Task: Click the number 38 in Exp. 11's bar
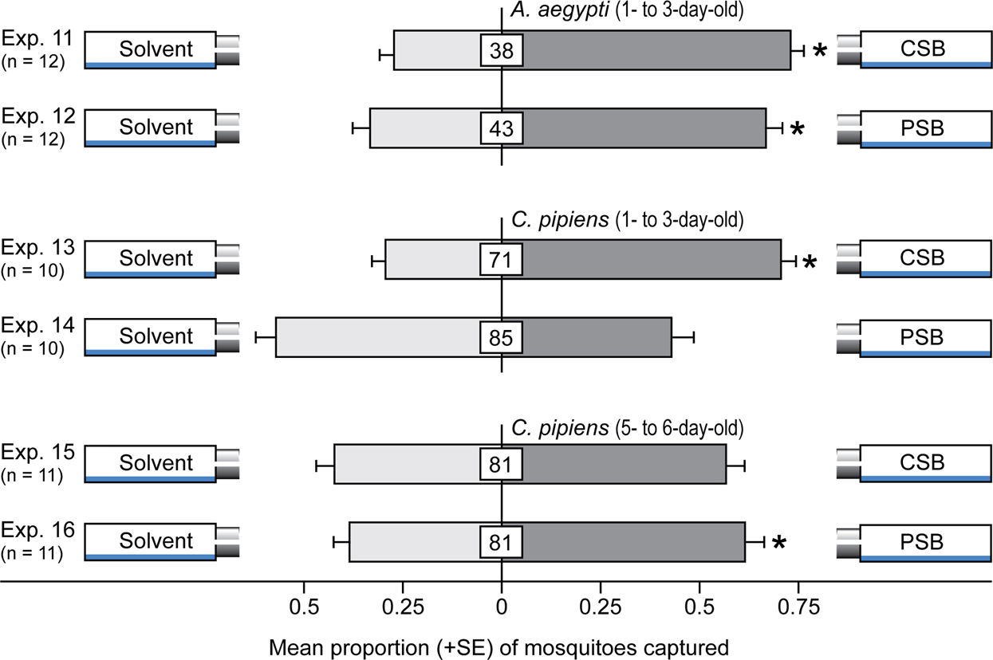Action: [x=502, y=51]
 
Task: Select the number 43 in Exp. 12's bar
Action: [x=502, y=128]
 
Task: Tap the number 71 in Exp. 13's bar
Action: [x=502, y=259]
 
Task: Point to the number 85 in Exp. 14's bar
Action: [x=502, y=336]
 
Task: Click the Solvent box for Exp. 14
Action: [x=150, y=336]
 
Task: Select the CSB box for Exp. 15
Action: [x=926, y=463]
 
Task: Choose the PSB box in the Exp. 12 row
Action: [x=926, y=128]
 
